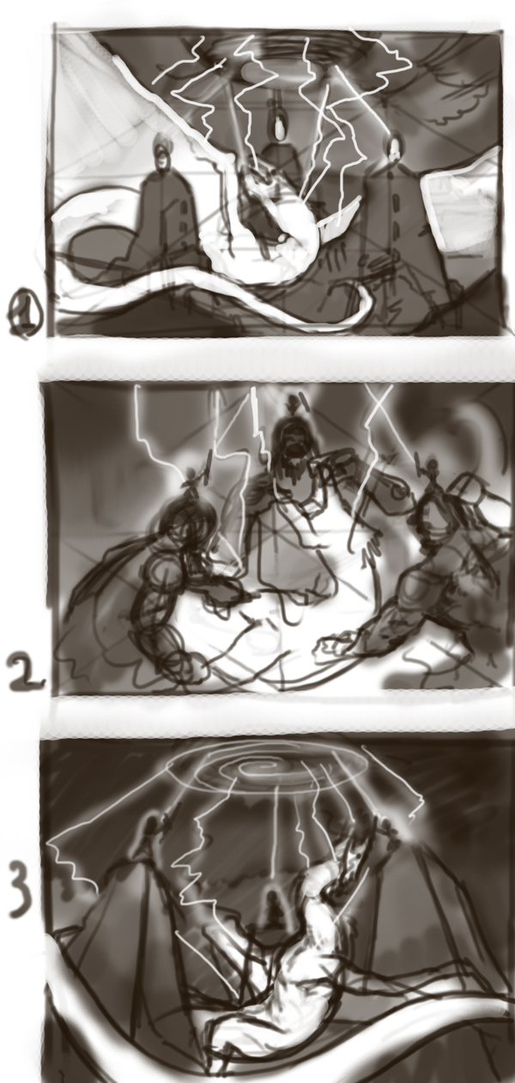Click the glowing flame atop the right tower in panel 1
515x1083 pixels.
pos(395,146)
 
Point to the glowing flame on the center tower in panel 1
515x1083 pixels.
pos(279,127)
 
